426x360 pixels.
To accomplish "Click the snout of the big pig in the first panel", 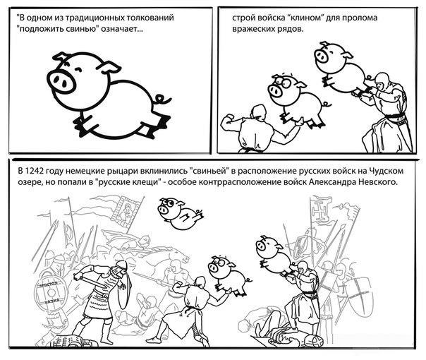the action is tap(61, 81).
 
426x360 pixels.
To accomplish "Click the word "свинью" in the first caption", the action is tap(82, 29).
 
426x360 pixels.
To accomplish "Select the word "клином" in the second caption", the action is tap(306, 18).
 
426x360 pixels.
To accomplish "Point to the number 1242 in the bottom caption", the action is tap(35, 172).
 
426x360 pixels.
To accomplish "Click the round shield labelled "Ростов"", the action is tap(51, 293).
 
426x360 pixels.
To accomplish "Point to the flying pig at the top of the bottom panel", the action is tap(181, 214).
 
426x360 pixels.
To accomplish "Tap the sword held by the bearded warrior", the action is tap(92, 282).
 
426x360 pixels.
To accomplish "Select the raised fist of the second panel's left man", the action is tap(226, 120).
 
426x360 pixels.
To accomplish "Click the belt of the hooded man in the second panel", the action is tap(395, 117).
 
